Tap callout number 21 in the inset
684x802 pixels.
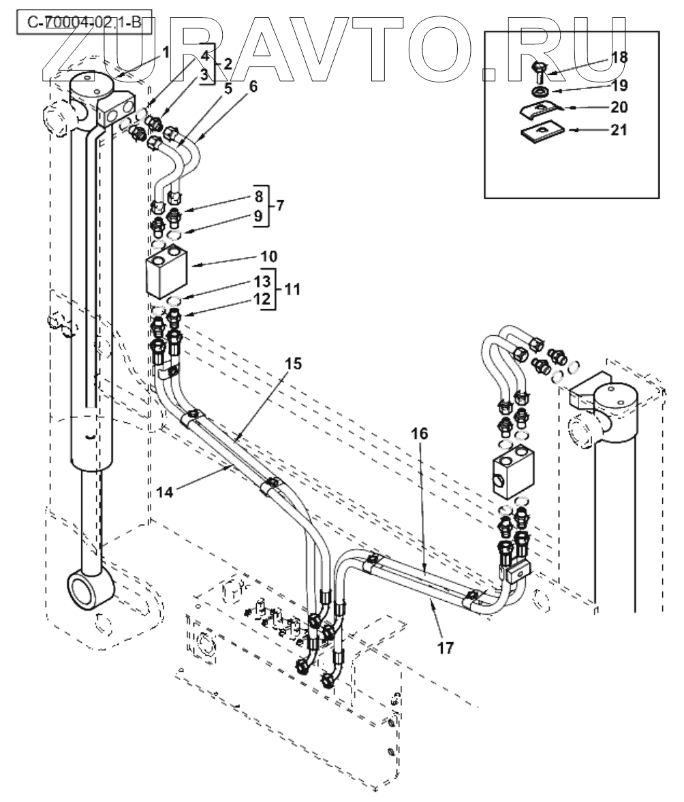coord(619,129)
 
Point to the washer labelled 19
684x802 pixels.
coord(540,91)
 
